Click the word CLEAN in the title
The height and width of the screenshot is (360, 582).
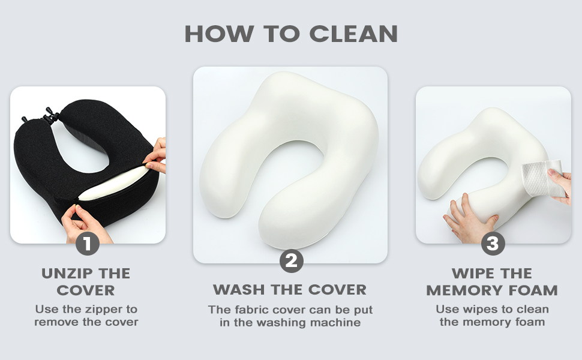[x=354, y=33]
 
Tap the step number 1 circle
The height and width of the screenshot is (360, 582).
[x=88, y=244]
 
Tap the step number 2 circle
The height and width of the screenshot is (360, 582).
[x=291, y=261]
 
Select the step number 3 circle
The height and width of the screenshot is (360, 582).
[x=493, y=244]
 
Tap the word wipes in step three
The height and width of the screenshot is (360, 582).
[x=479, y=310]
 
